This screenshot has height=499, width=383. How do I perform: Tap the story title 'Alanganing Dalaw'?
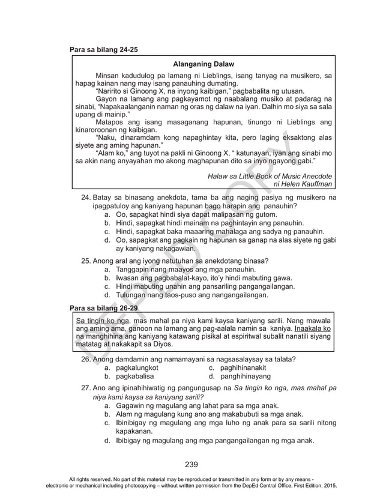point(203,64)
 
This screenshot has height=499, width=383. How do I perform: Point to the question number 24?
point(85,198)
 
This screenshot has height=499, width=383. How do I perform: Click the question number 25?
point(85,261)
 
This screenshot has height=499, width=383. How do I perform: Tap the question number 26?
point(85,360)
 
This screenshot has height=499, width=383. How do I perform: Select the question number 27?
point(85,388)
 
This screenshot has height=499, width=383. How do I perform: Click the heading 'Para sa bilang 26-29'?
point(104,308)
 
